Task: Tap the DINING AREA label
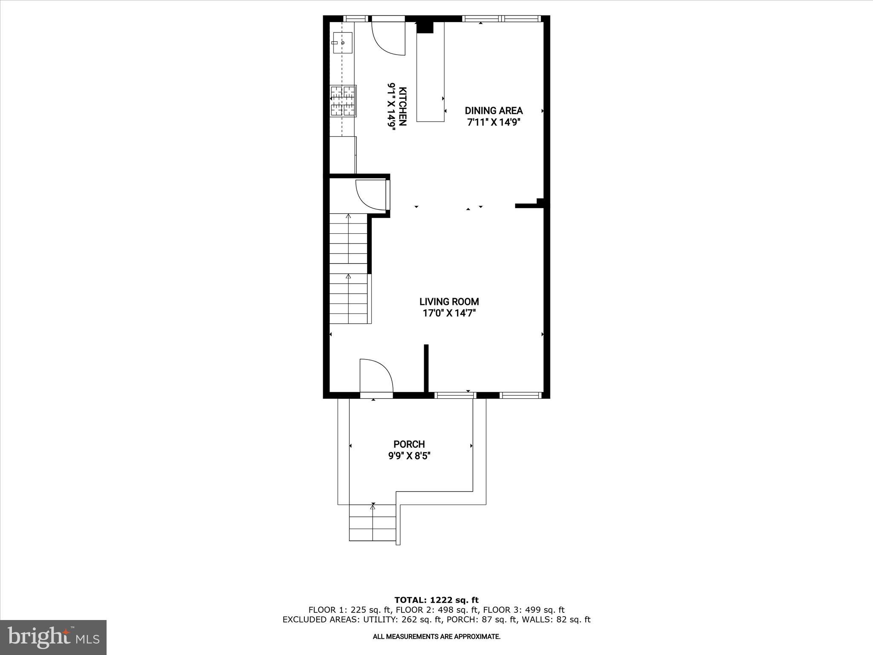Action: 494,111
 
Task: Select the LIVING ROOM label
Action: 449,302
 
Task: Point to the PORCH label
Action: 409,444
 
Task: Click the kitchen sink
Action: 342,43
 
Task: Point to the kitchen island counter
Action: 430,72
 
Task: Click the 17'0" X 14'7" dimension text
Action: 449,313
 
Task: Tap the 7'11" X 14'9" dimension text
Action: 494,122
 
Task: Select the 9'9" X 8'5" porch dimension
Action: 409,456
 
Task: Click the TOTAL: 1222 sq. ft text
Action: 436,600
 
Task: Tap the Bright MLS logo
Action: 53,638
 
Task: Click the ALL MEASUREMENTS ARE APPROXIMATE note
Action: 436,637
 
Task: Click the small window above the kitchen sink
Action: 356,18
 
